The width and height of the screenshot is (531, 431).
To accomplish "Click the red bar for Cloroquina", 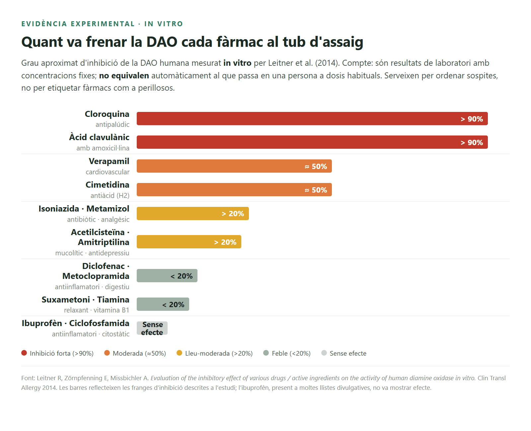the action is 312,119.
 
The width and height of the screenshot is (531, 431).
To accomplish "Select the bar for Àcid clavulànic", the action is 312,142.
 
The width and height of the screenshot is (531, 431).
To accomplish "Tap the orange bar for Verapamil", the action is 234,166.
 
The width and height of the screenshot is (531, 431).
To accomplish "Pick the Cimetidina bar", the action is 234,190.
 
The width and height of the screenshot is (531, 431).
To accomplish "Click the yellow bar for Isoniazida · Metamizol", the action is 193,214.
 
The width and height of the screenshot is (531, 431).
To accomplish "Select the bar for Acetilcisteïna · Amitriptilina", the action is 189,242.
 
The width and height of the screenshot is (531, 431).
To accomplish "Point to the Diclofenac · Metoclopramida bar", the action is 167,276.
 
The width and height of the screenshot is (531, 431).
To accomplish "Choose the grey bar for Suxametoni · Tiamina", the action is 163,304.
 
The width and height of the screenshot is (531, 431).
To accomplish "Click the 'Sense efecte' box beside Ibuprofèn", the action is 152,328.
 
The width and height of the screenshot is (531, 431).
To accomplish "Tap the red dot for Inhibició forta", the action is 24,353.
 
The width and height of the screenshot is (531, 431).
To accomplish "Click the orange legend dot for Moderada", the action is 107,353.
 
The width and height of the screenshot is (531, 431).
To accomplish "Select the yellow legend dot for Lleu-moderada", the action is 179,353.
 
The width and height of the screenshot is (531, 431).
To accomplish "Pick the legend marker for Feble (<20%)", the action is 266,353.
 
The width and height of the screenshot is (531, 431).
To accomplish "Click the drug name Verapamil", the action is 109,161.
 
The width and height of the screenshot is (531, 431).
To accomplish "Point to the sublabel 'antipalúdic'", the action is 113,124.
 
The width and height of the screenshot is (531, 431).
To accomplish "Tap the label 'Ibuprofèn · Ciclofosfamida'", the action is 76,323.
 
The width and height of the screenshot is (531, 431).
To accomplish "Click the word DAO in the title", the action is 162,42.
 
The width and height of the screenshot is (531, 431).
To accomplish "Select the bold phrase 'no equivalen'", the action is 124,75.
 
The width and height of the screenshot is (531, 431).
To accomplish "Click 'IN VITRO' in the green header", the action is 164,24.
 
